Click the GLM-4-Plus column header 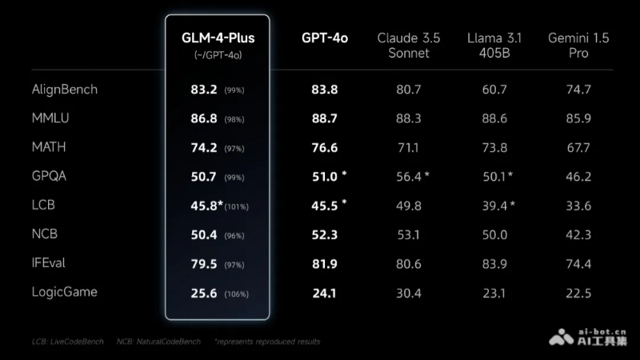(x=218, y=38)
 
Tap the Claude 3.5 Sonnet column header (x=408, y=46)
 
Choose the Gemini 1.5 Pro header (x=580, y=46)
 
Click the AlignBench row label (x=64, y=89)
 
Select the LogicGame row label (x=64, y=292)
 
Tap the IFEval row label (x=53, y=262)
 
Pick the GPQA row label (x=50, y=176)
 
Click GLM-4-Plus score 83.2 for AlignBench (x=204, y=89)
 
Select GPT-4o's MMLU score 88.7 (x=325, y=118)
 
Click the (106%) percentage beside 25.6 (x=236, y=294)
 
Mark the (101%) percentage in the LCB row (x=238, y=206)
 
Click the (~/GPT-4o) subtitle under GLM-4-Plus (x=217, y=54)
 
